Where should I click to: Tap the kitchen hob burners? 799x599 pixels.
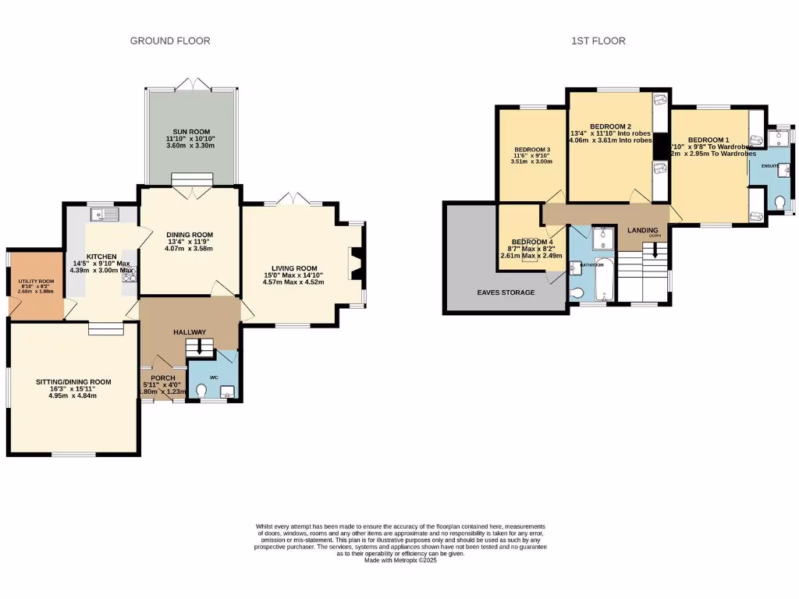pyautogui.click(x=127, y=275)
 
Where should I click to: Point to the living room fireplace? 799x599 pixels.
pyautogui.click(x=355, y=263)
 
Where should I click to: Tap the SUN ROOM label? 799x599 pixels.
pyautogui.click(x=189, y=132)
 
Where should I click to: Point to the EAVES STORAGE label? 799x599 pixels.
pyautogui.click(x=507, y=292)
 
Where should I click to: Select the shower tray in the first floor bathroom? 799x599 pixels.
pyautogui.click(x=602, y=238)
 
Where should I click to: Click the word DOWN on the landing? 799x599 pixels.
pyautogui.click(x=655, y=235)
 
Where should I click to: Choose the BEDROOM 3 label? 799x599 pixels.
pyautogui.click(x=532, y=150)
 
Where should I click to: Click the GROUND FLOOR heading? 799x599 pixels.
pyautogui.click(x=170, y=41)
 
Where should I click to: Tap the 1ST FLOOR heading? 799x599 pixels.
pyautogui.click(x=598, y=41)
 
